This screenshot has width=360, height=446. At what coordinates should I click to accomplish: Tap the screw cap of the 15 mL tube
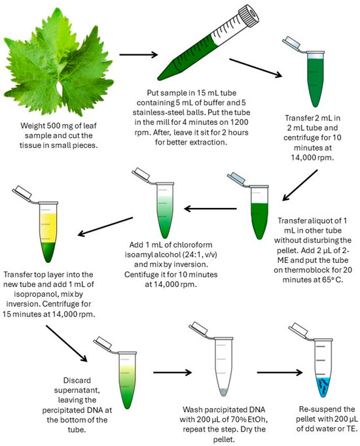click(249, 16)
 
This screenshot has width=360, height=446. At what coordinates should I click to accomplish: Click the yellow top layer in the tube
click(48, 228)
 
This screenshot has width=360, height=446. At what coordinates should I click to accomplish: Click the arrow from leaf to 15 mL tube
click(139, 55)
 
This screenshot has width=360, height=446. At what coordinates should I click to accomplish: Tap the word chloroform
click(192, 245)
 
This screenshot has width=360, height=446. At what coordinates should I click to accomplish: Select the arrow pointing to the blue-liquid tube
click(279, 372)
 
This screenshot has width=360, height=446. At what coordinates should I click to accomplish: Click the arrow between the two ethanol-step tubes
click(172, 372)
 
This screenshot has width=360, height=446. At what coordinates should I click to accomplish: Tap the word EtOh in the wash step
click(257, 419)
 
